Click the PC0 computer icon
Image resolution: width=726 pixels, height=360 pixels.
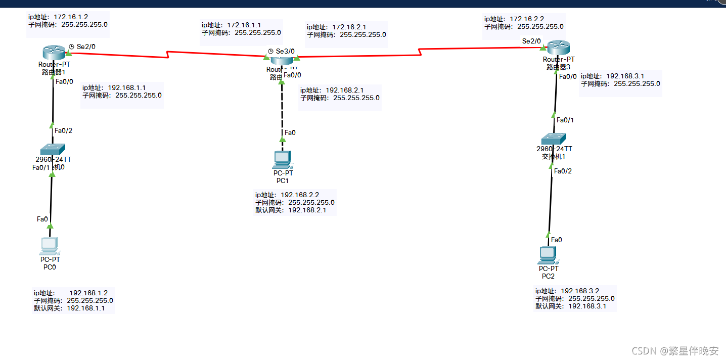pos(50,246)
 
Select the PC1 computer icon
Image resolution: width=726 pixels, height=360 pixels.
pos(282,159)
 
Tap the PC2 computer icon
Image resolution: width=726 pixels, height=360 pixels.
pos(548,255)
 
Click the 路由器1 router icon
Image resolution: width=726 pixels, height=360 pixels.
pos(52,52)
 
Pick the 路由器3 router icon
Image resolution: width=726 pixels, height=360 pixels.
pos(558,48)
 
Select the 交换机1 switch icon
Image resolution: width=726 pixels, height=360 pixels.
pos(554,139)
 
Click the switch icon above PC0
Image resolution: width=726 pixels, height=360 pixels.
pos(53,149)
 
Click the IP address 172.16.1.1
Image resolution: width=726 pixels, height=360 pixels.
pos(244,25)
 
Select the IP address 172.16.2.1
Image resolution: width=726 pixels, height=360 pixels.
pos(349,27)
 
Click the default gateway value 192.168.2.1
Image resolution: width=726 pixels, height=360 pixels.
pos(307,210)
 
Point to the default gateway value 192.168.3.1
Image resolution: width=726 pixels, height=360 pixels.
pos(587,306)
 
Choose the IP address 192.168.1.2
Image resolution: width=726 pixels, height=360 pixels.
pos(88,293)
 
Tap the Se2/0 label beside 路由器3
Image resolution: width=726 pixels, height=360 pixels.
pos(531,41)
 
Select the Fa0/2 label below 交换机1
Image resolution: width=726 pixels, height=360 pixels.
pos(563,171)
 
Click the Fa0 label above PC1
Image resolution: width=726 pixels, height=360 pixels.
pos(290,133)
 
